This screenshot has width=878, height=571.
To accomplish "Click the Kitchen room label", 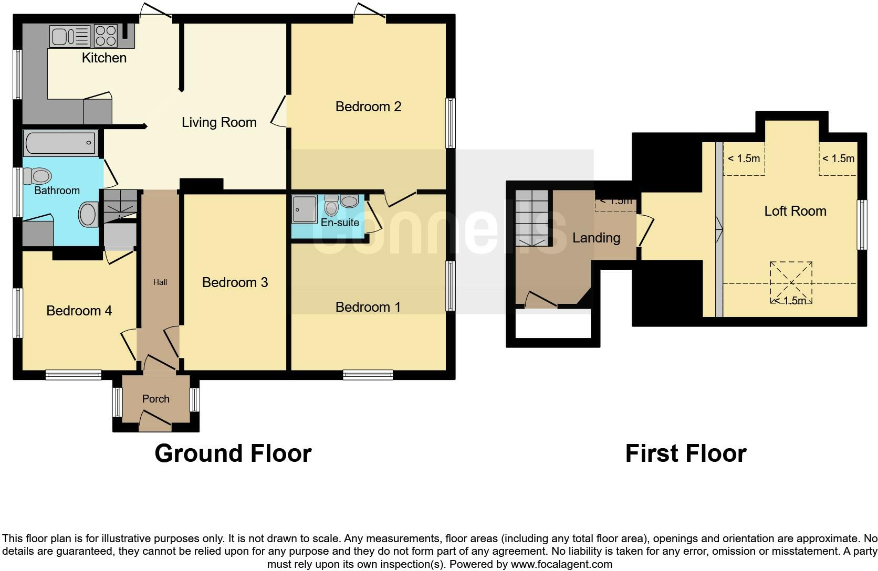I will [x=104, y=58].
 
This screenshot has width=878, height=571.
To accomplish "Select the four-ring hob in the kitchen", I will [x=106, y=36].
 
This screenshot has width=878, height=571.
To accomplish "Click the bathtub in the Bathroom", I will [x=61, y=143].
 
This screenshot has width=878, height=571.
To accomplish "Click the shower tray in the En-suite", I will [x=305, y=209].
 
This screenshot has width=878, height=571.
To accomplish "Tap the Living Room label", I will [x=219, y=122].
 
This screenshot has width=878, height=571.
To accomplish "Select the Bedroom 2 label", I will [x=368, y=107].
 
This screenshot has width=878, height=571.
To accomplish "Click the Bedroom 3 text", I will [x=235, y=282].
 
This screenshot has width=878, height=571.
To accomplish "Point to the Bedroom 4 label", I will [x=79, y=311].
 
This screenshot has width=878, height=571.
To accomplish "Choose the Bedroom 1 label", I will [x=368, y=307].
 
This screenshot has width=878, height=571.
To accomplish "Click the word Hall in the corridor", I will [x=160, y=282].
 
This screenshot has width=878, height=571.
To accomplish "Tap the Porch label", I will [x=155, y=399].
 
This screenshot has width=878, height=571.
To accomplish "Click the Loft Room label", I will [x=795, y=211].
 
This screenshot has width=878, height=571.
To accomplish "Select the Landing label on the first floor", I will [x=596, y=238].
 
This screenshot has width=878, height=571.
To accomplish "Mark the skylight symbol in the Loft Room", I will [x=791, y=282].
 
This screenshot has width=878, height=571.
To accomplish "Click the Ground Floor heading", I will [x=233, y=453].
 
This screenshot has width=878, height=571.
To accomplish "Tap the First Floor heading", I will [x=685, y=453].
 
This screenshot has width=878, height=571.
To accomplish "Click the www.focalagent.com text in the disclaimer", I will [x=561, y=565].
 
